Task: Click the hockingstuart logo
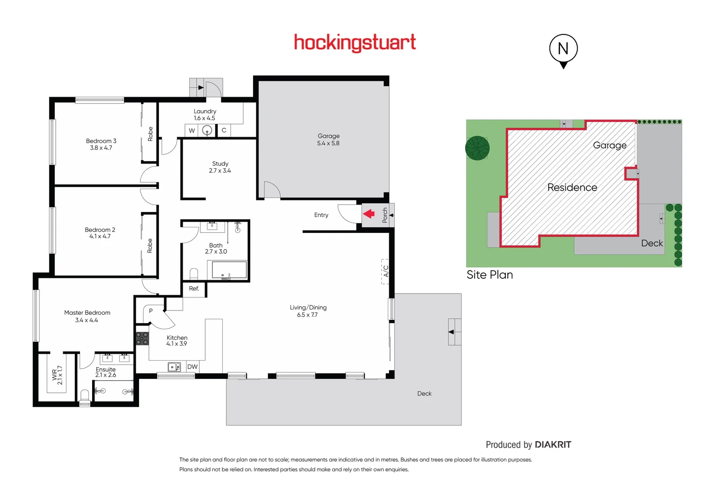tap(355, 43)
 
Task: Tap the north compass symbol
tap(563, 49)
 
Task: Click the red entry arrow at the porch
tap(369, 214)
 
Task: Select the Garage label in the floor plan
tap(328, 136)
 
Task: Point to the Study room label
tap(220, 164)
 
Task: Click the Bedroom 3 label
tap(101, 141)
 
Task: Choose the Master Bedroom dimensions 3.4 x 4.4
tap(86, 320)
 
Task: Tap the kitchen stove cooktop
tap(142, 338)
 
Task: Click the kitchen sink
tap(174, 367)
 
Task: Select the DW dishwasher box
tap(192, 367)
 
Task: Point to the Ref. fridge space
tap(194, 289)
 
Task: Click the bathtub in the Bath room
tap(229, 270)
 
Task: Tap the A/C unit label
tap(385, 271)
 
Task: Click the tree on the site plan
tap(477, 148)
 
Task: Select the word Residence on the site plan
tap(572, 187)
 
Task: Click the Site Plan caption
tap(490, 275)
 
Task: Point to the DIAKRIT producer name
tap(552, 445)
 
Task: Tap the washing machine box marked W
tap(192, 131)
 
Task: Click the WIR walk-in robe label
tap(54, 375)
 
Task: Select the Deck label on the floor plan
tap(424, 394)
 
